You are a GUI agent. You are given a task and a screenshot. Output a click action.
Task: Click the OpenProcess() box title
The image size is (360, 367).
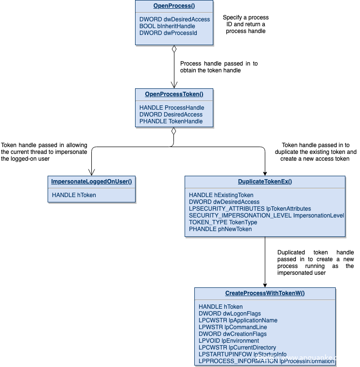174,6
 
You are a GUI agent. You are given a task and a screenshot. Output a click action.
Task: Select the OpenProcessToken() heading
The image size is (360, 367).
174,94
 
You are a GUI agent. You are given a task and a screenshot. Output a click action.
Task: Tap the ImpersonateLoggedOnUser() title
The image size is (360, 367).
92,182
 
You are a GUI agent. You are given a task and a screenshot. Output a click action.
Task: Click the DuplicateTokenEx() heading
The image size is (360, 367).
265,182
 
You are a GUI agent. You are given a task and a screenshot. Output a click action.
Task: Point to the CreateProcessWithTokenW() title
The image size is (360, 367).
265,293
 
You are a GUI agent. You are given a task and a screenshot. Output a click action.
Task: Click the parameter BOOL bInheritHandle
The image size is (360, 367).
167,26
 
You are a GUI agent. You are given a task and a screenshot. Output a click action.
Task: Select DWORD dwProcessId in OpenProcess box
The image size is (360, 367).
168,33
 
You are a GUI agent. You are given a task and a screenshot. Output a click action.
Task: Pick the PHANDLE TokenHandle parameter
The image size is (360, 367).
171,121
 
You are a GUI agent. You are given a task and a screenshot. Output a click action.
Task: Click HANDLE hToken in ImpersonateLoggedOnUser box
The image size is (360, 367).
74,195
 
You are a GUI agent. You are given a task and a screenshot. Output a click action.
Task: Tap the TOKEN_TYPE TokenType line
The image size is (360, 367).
223,222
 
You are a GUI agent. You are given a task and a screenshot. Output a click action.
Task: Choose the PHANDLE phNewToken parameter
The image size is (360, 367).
221,229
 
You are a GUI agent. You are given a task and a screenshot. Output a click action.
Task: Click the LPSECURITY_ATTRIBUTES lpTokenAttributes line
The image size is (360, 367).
250,209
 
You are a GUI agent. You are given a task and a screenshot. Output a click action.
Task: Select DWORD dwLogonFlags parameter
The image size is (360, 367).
230,314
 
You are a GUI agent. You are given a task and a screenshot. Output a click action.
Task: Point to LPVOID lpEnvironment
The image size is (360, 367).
229,341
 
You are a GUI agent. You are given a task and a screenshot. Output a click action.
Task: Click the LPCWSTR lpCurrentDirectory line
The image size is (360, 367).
237,348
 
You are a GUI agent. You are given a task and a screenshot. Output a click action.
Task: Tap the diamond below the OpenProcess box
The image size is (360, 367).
174,49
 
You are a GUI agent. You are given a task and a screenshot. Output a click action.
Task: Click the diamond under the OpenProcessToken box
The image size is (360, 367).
173,131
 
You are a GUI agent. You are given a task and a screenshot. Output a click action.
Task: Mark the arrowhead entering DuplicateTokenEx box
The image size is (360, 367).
265,174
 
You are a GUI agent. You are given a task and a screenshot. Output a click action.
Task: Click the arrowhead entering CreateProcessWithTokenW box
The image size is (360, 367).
265,285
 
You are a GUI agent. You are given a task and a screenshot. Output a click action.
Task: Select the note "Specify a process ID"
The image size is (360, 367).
246,24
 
